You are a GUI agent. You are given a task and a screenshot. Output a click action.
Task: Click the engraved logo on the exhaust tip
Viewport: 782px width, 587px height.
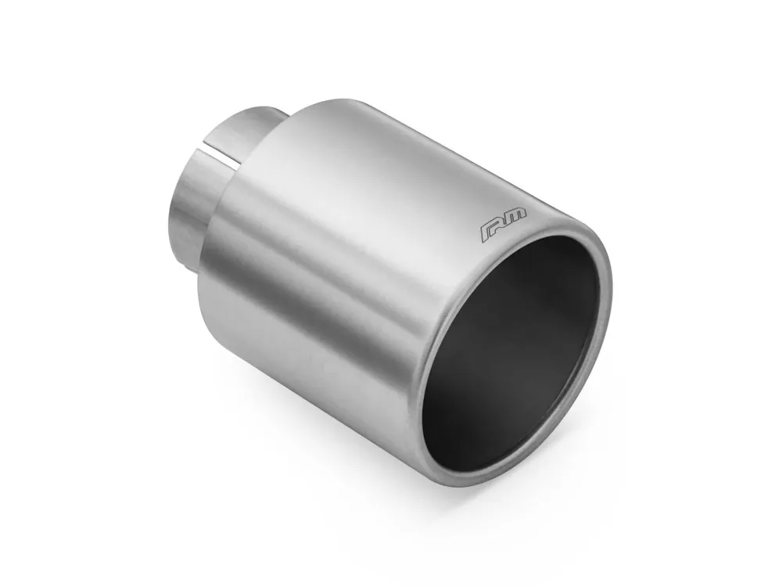point(504,225)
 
